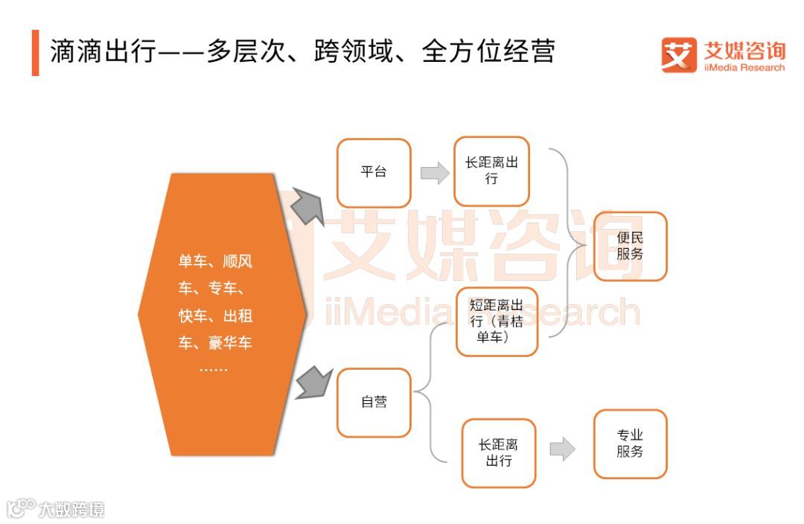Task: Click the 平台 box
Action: click(374, 173)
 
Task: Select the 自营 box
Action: click(374, 403)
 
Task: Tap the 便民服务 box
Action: click(630, 246)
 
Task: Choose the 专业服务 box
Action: click(630, 443)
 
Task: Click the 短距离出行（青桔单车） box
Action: click(497, 321)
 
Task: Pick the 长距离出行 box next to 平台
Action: click(491, 171)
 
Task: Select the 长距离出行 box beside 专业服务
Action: click(499, 453)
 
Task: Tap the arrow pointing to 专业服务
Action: click(563, 449)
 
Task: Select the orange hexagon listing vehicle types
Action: click(222, 313)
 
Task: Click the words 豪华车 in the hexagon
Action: click(231, 344)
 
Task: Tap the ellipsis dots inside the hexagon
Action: click(214, 370)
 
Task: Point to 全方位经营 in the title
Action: click(488, 52)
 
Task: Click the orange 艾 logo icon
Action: click(678, 55)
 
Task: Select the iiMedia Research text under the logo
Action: click(744, 68)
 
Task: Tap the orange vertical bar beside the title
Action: click(35, 52)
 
